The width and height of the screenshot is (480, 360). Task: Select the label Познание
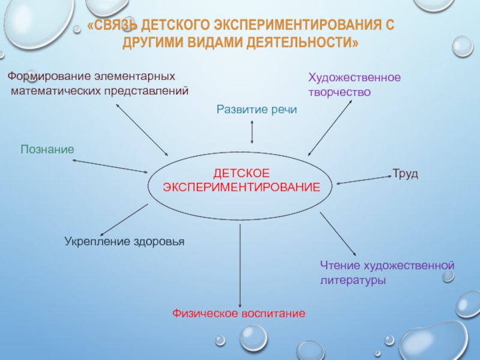click(x=47, y=149)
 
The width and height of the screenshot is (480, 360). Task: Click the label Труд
click(x=405, y=173)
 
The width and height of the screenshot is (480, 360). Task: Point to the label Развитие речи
click(x=256, y=109)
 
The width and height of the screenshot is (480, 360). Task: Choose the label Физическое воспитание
click(x=239, y=313)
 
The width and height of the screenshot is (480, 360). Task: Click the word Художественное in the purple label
click(x=354, y=78)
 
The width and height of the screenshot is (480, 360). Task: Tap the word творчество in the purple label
click(x=340, y=93)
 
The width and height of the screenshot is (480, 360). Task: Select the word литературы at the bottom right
click(x=352, y=280)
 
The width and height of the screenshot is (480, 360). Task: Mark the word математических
click(x=53, y=91)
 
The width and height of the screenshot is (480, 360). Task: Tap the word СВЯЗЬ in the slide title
click(x=116, y=26)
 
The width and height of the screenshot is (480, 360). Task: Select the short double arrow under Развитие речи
click(x=252, y=130)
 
